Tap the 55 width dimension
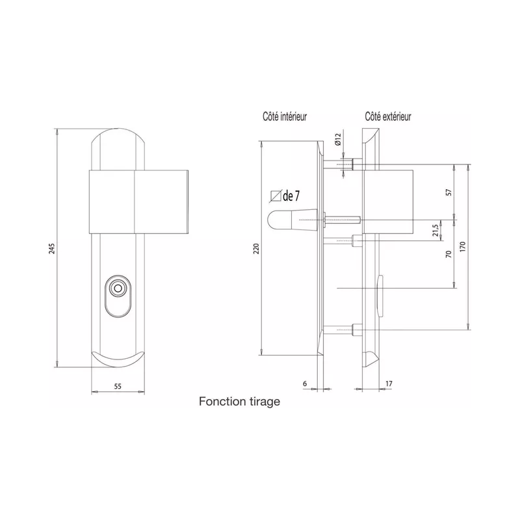coord(118,385)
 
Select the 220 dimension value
coord(255,249)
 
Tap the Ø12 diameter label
coord(337,139)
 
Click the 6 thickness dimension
coord(305,383)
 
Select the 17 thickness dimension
coord(388,383)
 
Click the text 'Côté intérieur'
coord(285,117)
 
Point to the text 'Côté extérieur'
coord(387,117)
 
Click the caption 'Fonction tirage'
coord(239,402)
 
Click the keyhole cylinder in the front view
coord(118,289)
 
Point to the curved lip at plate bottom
coord(118,359)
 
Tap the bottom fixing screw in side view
coord(346,330)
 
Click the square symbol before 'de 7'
coord(275,194)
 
